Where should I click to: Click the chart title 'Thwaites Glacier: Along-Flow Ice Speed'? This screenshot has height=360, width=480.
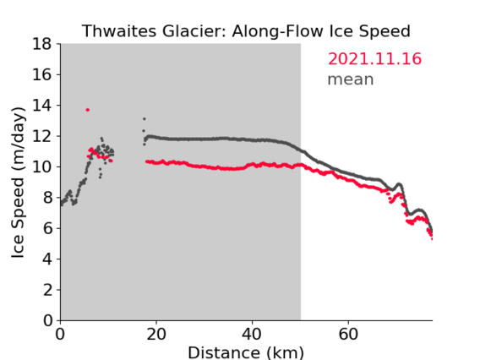click(246, 31)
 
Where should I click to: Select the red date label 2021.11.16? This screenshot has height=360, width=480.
click(374, 59)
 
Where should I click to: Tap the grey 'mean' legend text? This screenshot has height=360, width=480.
click(351, 79)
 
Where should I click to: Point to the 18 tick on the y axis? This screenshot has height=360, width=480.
click(42, 44)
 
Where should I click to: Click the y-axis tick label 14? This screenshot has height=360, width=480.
click(42, 106)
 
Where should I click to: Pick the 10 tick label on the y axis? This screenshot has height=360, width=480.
click(42, 167)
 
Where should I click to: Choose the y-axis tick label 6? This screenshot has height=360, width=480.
click(47, 228)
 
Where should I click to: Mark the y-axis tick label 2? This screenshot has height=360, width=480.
click(47, 290)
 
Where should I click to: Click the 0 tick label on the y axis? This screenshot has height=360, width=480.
click(47, 321)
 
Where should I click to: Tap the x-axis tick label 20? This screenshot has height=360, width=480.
click(156, 335)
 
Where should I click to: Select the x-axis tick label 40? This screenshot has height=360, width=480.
click(252, 335)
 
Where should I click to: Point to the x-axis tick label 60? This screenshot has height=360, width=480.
click(348, 335)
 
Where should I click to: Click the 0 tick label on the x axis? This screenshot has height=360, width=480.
click(60, 335)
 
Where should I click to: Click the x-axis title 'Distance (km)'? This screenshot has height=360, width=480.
click(246, 352)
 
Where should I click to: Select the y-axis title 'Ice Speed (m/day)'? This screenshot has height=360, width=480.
click(18, 183)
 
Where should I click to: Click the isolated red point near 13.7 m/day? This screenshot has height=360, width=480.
click(88, 110)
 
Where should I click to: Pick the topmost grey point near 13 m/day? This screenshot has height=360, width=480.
click(145, 119)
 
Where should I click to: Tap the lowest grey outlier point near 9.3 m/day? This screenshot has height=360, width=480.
click(100, 177)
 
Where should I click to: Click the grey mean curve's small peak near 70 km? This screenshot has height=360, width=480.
click(399, 184)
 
